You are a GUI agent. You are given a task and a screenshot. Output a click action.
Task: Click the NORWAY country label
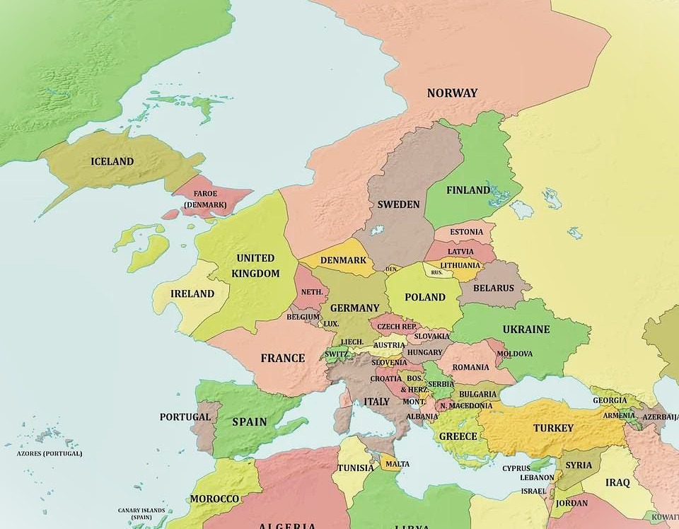(452, 93)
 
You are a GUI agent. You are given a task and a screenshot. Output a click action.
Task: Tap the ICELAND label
(112, 161)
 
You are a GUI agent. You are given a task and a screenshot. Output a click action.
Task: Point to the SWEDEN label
(398, 204)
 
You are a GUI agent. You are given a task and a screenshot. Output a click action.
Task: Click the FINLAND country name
(468, 190)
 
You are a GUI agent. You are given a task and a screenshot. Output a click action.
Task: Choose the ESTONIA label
(467, 232)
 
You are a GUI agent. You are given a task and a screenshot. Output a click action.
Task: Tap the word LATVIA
(461, 251)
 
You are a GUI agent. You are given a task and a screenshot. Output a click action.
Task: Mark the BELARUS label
(494, 288)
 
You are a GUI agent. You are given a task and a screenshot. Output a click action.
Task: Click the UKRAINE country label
(526, 330)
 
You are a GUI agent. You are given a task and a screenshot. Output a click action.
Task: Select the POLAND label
(424, 297)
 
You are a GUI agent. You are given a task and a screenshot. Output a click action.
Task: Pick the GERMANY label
(354, 308)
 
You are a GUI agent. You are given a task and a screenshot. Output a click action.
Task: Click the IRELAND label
(192, 293)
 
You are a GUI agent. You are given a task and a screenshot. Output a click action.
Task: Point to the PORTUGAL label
(185, 417)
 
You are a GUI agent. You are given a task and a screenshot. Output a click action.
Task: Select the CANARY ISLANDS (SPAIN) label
(141, 513)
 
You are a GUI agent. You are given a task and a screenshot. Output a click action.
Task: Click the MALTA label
(397, 464)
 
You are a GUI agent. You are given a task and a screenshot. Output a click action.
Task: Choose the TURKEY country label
(553, 428)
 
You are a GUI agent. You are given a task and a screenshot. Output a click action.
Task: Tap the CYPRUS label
(516, 467)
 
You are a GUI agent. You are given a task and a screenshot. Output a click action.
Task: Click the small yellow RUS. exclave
(436, 272)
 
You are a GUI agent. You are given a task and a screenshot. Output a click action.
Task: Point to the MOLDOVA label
(514, 353)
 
